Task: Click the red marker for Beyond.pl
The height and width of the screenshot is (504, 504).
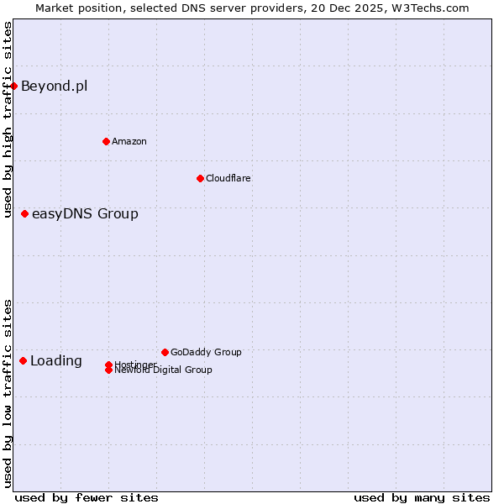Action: coord(13,86)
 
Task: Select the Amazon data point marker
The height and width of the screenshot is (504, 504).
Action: coord(106,141)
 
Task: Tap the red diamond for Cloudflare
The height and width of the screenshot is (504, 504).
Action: coord(200,178)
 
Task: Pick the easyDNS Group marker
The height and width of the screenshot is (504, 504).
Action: coord(24,214)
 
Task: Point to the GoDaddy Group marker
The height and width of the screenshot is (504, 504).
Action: coord(165,352)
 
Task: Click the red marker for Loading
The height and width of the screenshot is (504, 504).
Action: coord(23,360)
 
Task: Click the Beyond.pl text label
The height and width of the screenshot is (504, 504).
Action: coord(54,86)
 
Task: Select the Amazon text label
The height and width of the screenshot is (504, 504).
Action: coord(129,141)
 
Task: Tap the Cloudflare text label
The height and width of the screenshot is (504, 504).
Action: coord(228,178)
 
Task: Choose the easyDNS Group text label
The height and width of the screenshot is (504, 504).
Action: coord(85,214)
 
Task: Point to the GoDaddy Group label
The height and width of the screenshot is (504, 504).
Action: coord(206,352)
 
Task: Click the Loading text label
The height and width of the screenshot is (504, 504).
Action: coord(56,361)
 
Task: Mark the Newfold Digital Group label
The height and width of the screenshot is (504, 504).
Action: coord(164,370)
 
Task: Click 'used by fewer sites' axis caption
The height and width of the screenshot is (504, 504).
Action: coord(87,497)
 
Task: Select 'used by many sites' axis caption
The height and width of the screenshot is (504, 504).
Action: coord(422,497)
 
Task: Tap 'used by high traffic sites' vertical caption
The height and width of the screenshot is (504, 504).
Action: coord(8,119)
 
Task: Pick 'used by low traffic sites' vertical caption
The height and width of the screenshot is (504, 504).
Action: coord(8,393)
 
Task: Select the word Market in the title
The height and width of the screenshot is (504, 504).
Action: coord(54,8)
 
